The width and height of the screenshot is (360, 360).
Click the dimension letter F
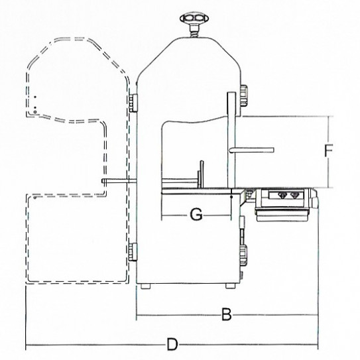pyautogui.click(x=328, y=151)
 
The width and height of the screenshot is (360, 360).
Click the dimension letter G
pyautogui.click(x=196, y=213)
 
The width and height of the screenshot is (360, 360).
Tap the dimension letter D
pyautogui.click(x=172, y=345)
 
